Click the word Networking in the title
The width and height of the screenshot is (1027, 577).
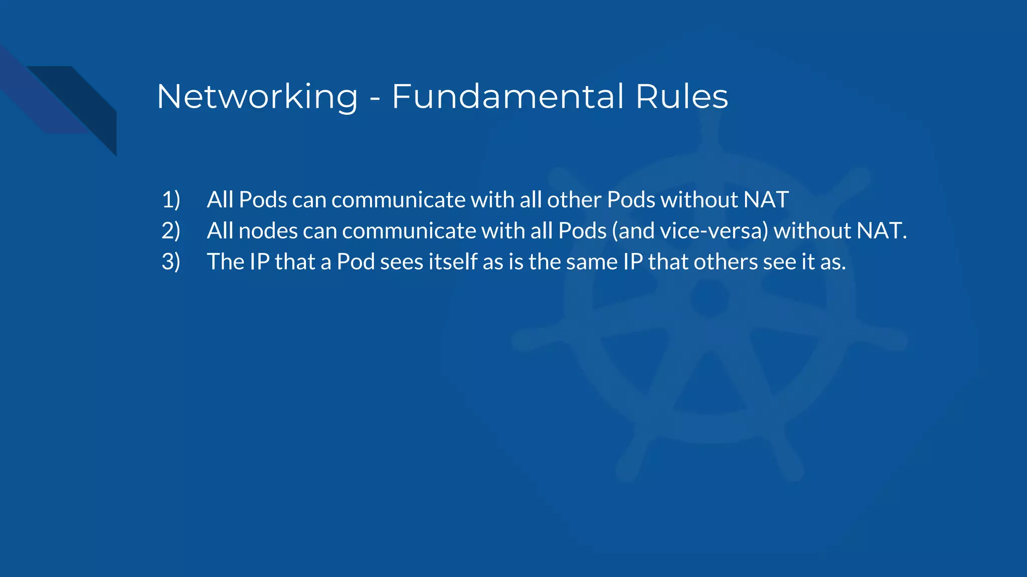point(257,97)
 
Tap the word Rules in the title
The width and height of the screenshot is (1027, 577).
point(681,96)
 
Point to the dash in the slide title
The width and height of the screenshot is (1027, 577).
point(375,98)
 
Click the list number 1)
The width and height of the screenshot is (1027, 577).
point(171,200)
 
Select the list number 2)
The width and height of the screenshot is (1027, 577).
point(171,231)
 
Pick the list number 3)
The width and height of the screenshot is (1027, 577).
point(171,262)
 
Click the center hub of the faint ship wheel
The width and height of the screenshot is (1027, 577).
point(710,298)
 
